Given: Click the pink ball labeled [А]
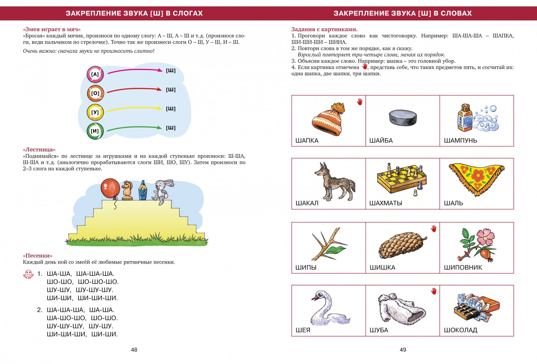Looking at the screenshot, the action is pyautogui.click(x=95, y=74).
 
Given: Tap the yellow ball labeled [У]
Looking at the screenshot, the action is pyautogui.click(x=95, y=112).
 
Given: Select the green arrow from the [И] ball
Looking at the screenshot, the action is pyautogui.click(x=134, y=128).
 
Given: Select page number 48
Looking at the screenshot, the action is pyautogui.click(x=134, y=350).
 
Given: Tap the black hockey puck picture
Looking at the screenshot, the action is pyautogui.click(x=403, y=118).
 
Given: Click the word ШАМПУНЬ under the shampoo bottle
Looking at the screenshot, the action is pyautogui.click(x=460, y=140).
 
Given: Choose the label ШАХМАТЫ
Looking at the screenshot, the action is pyautogui.click(x=386, y=203).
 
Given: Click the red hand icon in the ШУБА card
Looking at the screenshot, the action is pyautogui.click(x=434, y=291).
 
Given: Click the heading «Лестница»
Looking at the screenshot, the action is pyautogui.click(x=39, y=150).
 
